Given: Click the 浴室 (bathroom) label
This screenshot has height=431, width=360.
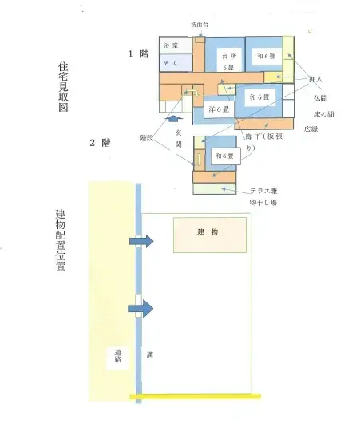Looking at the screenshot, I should [x=170, y=45].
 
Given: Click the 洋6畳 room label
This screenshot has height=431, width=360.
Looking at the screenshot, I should [x=219, y=108].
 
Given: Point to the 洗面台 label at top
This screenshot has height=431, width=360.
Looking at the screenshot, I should [x=200, y=25].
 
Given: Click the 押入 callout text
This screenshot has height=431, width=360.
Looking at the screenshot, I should [x=316, y=80].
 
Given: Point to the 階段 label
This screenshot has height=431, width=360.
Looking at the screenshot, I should [x=146, y=137].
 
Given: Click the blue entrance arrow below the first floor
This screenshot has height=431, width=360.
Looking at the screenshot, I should [x=177, y=117].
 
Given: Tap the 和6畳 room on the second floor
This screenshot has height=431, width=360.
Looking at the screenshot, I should [x=224, y=157].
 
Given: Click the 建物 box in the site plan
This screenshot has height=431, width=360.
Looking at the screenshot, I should [x=209, y=232].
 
